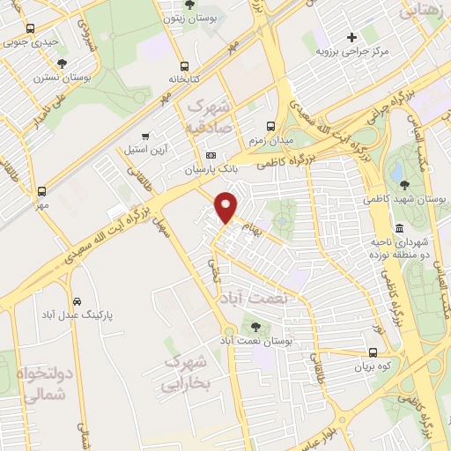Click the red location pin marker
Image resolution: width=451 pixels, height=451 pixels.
click(x=226, y=205)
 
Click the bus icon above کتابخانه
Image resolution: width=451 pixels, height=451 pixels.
click(x=184, y=66)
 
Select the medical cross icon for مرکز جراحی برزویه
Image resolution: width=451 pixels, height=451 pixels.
click(x=351, y=37)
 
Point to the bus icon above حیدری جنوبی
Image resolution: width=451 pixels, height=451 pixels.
click(x=31, y=26)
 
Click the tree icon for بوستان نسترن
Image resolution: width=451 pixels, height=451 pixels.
click(x=62, y=63)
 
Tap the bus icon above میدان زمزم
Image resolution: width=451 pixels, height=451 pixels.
click(x=270, y=125)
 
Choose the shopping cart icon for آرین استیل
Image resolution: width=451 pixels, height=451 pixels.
click(x=145, y=136)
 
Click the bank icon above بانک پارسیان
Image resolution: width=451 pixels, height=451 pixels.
click(x=210, y=155)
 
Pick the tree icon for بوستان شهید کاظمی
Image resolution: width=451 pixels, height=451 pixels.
click(x=404, y=184)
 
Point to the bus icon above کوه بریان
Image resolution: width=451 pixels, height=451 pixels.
click(x=373, y=351)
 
